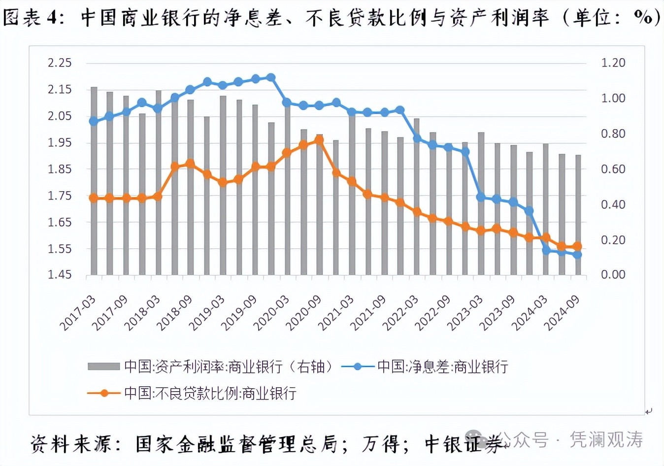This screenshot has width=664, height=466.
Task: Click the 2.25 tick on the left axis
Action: coord(60,63)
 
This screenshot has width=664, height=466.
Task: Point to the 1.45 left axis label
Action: coord(60,274)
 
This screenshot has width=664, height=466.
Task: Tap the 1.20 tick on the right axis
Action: coord(613,63)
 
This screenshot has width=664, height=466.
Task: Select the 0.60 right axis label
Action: coord(613,169)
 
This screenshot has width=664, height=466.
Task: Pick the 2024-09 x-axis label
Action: coord(563,313)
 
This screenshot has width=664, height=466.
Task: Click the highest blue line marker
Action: coord(270,77)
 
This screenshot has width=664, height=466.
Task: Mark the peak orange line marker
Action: coord(319,140)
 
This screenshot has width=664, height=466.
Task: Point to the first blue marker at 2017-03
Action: coord(93,121)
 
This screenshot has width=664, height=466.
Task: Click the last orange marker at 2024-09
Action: coord(577,246)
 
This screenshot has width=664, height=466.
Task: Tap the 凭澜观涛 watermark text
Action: coord(606,439)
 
